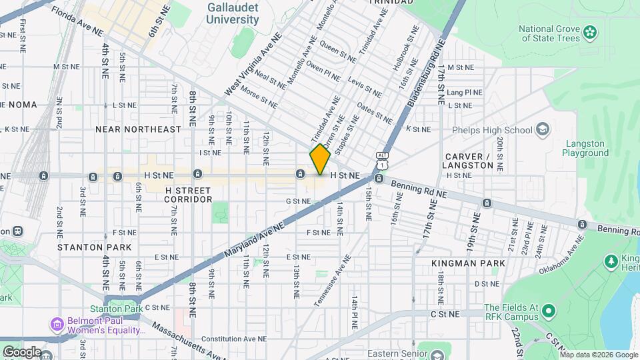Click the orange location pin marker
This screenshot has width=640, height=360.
click(x=320, y=159)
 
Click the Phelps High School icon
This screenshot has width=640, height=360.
click(x=543, y=129)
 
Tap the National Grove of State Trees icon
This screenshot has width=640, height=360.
click(x=589, y=32)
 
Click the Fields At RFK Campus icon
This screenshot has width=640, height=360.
click(x=549, y=311)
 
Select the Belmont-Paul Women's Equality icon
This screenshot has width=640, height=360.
click(x=57, y=325)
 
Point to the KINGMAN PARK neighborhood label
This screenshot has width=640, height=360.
click(x=468, y=263)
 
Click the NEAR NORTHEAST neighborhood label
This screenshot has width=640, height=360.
click(x=138, y=129)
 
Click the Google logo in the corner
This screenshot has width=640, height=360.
click(x=21, y=351)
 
